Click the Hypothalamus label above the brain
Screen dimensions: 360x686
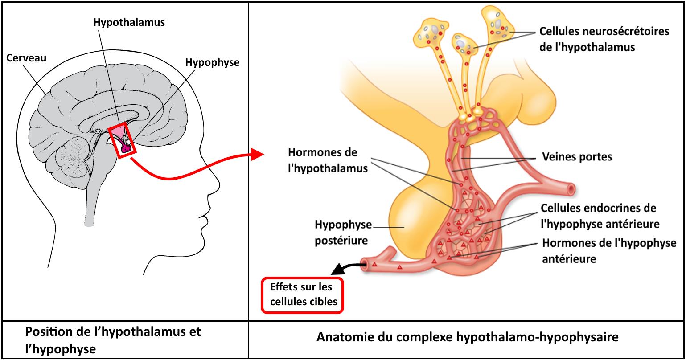[129, 23]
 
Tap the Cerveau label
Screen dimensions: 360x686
[26, 58]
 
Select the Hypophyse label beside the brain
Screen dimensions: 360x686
[213, 62]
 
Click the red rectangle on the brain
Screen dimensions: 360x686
[122, 140]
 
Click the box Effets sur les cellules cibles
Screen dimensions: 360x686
[302, 295]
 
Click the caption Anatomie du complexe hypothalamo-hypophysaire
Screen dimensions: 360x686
[467, 337]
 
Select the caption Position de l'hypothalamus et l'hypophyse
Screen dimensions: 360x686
[114, 340]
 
